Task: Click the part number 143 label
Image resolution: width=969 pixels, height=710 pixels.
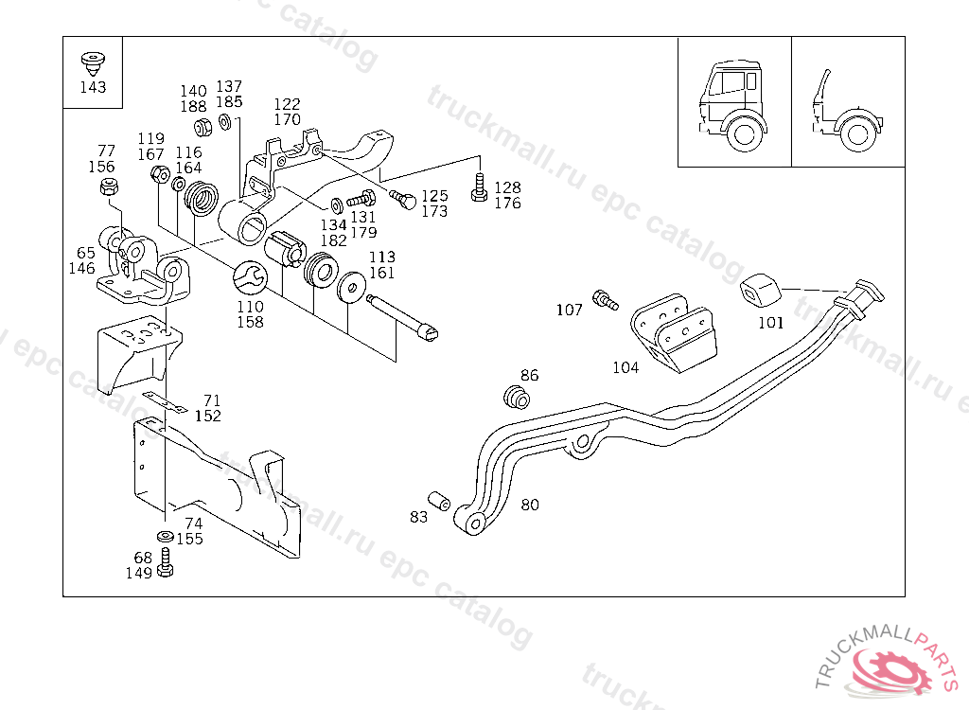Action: [93, 87]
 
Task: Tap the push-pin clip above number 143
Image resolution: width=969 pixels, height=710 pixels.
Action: [93, 64]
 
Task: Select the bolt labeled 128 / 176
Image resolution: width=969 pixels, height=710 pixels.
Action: [479, 187]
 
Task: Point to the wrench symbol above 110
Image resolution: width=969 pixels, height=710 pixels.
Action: [250, 276]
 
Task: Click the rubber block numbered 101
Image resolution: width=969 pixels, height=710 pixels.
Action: [760, 290]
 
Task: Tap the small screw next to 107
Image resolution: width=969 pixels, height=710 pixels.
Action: [605, 300]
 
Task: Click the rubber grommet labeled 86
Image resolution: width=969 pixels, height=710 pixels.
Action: [517, 397]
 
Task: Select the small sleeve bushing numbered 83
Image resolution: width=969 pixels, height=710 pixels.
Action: [439, 501]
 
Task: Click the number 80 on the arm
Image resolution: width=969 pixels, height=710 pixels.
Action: [530, 505]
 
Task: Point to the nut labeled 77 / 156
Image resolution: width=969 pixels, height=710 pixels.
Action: [110, 186]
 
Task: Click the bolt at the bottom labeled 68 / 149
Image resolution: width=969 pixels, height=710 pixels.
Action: [165, 563]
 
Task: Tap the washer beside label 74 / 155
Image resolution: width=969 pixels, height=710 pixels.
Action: [165, 536]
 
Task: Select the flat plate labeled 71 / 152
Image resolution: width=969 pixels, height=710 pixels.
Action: [165, 401]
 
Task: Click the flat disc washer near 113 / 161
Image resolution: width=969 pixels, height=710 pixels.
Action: [352, 286]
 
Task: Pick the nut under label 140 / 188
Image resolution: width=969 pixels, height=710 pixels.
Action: [203, 127]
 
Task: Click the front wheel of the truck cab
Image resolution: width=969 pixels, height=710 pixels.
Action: [744, 133]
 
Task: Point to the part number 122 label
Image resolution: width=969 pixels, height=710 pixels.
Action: [287, 104]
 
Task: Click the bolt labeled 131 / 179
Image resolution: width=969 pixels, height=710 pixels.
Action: [361, 200]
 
